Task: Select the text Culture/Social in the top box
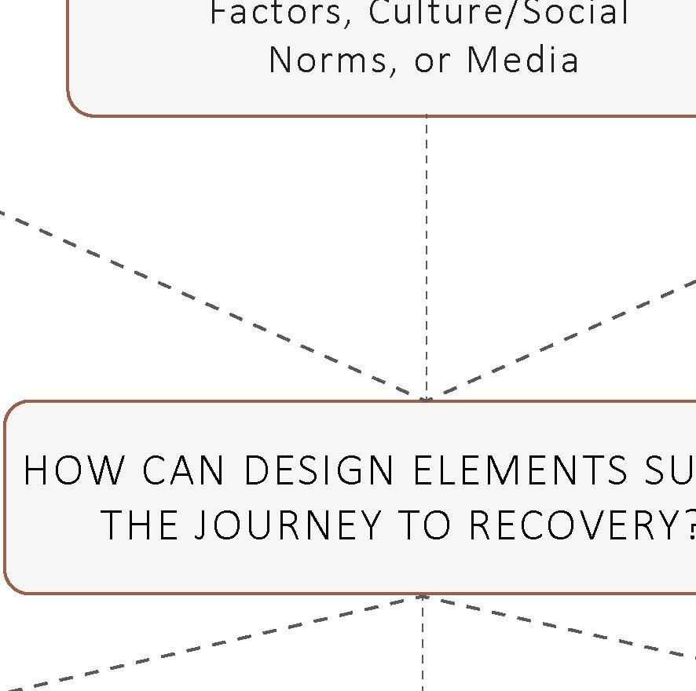[x=499, y=13]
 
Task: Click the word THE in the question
[x=142, y=525]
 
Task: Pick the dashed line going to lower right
[x=566, y=628]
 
